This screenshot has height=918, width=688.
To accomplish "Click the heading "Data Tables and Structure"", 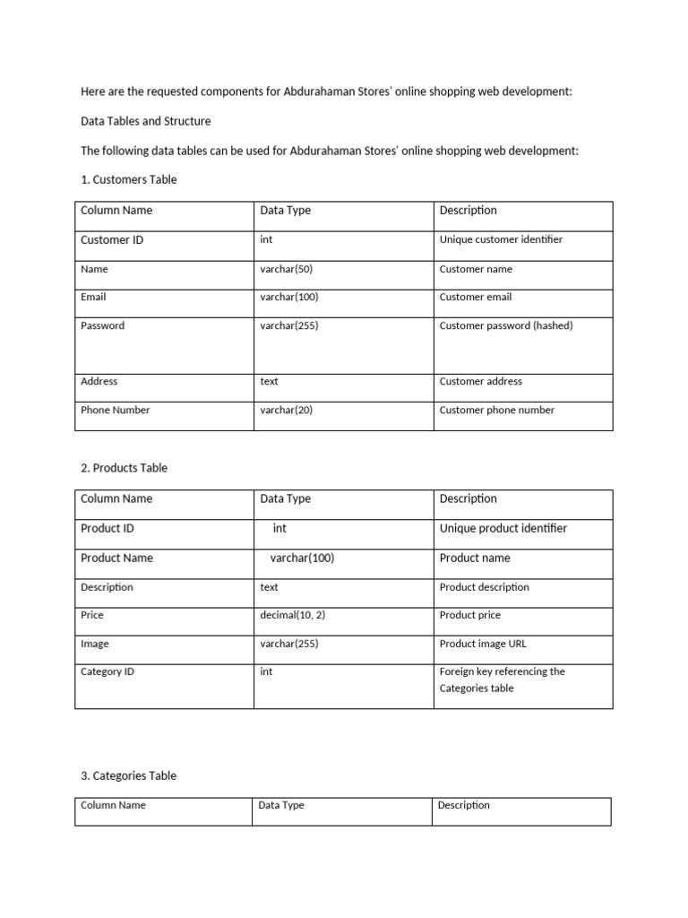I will pyautogui.click(x=146, y=120).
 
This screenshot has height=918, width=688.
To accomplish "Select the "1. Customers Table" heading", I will pyautogui.click(x=129, y=179).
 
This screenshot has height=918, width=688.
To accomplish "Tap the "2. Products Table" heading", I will pyautogui.click(x=124, y=468).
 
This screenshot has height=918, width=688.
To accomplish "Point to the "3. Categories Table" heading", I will pyautogui.click(x=128, y=775).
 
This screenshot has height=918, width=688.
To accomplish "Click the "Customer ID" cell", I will pyautogui.click(x=112, y=240).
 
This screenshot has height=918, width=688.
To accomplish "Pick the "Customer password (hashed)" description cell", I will pyautogui.click(x=506, y=325).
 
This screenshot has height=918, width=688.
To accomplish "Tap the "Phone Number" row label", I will pyautogui.click(x=116, y=410).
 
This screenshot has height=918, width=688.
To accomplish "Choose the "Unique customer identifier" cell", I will pyautogui.click(x=501, y=239).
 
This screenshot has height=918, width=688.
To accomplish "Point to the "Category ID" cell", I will pyautogui.click(x=107, y=671).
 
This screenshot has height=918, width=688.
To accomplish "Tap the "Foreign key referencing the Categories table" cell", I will pyautogui.click(x=502, y=680).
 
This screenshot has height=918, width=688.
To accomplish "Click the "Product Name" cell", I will pyautogui.click(x=116, y=558).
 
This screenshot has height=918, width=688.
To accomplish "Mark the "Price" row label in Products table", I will pyautogui.click(x=92, y=615).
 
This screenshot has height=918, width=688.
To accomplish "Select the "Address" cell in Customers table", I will pyautogui.click(x=99, y=381).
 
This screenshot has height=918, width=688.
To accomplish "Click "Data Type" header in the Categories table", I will pyautogui.click(x=281, y=805).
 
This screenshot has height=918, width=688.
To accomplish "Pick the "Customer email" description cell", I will pyautogui.click(x=476, y=297).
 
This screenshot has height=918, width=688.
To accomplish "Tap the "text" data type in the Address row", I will pyautogui.click(x=270, y=381).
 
